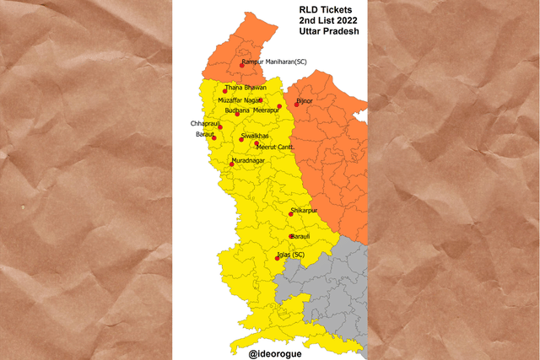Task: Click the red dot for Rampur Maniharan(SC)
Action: coord(240,66)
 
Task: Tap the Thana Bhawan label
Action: coord(246,88)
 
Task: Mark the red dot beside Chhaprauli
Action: coord(220,127)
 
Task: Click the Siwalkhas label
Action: coord(255,135)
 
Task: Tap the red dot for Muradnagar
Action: coord(231,164)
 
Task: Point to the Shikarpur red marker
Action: coord(291,214)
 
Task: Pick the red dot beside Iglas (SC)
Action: coord(278,258)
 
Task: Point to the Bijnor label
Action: coord(305,101)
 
